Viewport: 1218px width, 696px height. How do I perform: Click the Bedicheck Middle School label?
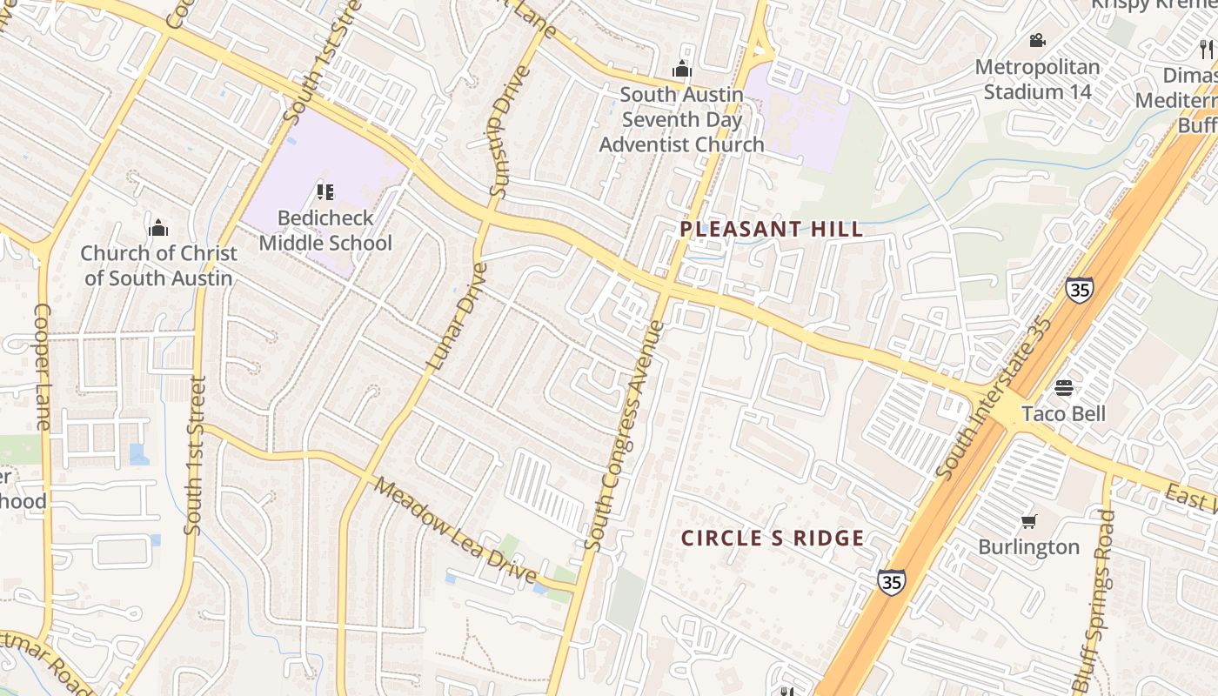point(325,231)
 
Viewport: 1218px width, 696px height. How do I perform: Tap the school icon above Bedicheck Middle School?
point(325,192)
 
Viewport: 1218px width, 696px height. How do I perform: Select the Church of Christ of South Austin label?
point(158,265)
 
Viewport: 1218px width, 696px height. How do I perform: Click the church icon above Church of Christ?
point(158,228)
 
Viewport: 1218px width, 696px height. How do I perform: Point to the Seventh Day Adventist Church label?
point(681,119)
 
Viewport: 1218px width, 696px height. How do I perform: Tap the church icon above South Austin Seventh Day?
point(682,69)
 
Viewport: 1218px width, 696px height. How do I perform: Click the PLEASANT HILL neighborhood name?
point(772,229)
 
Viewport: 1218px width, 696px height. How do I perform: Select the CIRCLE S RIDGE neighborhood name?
point(773,539)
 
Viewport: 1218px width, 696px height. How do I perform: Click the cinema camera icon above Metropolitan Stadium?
point(1037,41)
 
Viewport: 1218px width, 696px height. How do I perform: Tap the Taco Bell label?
point(1063,413)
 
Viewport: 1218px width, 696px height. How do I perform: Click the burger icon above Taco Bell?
point(1063,387)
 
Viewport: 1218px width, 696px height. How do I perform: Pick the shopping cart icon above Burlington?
point(1028,521)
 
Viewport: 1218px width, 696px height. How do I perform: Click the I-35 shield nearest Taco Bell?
point(1079,289)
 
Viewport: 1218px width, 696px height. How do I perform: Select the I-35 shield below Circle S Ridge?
point(890,581)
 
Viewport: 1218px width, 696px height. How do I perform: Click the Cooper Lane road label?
point(42,367)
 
